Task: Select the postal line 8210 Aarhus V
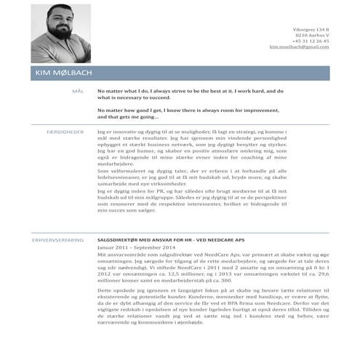312,35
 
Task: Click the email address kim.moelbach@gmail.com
299,47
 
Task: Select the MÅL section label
79,92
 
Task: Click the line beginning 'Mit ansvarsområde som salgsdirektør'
160,255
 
